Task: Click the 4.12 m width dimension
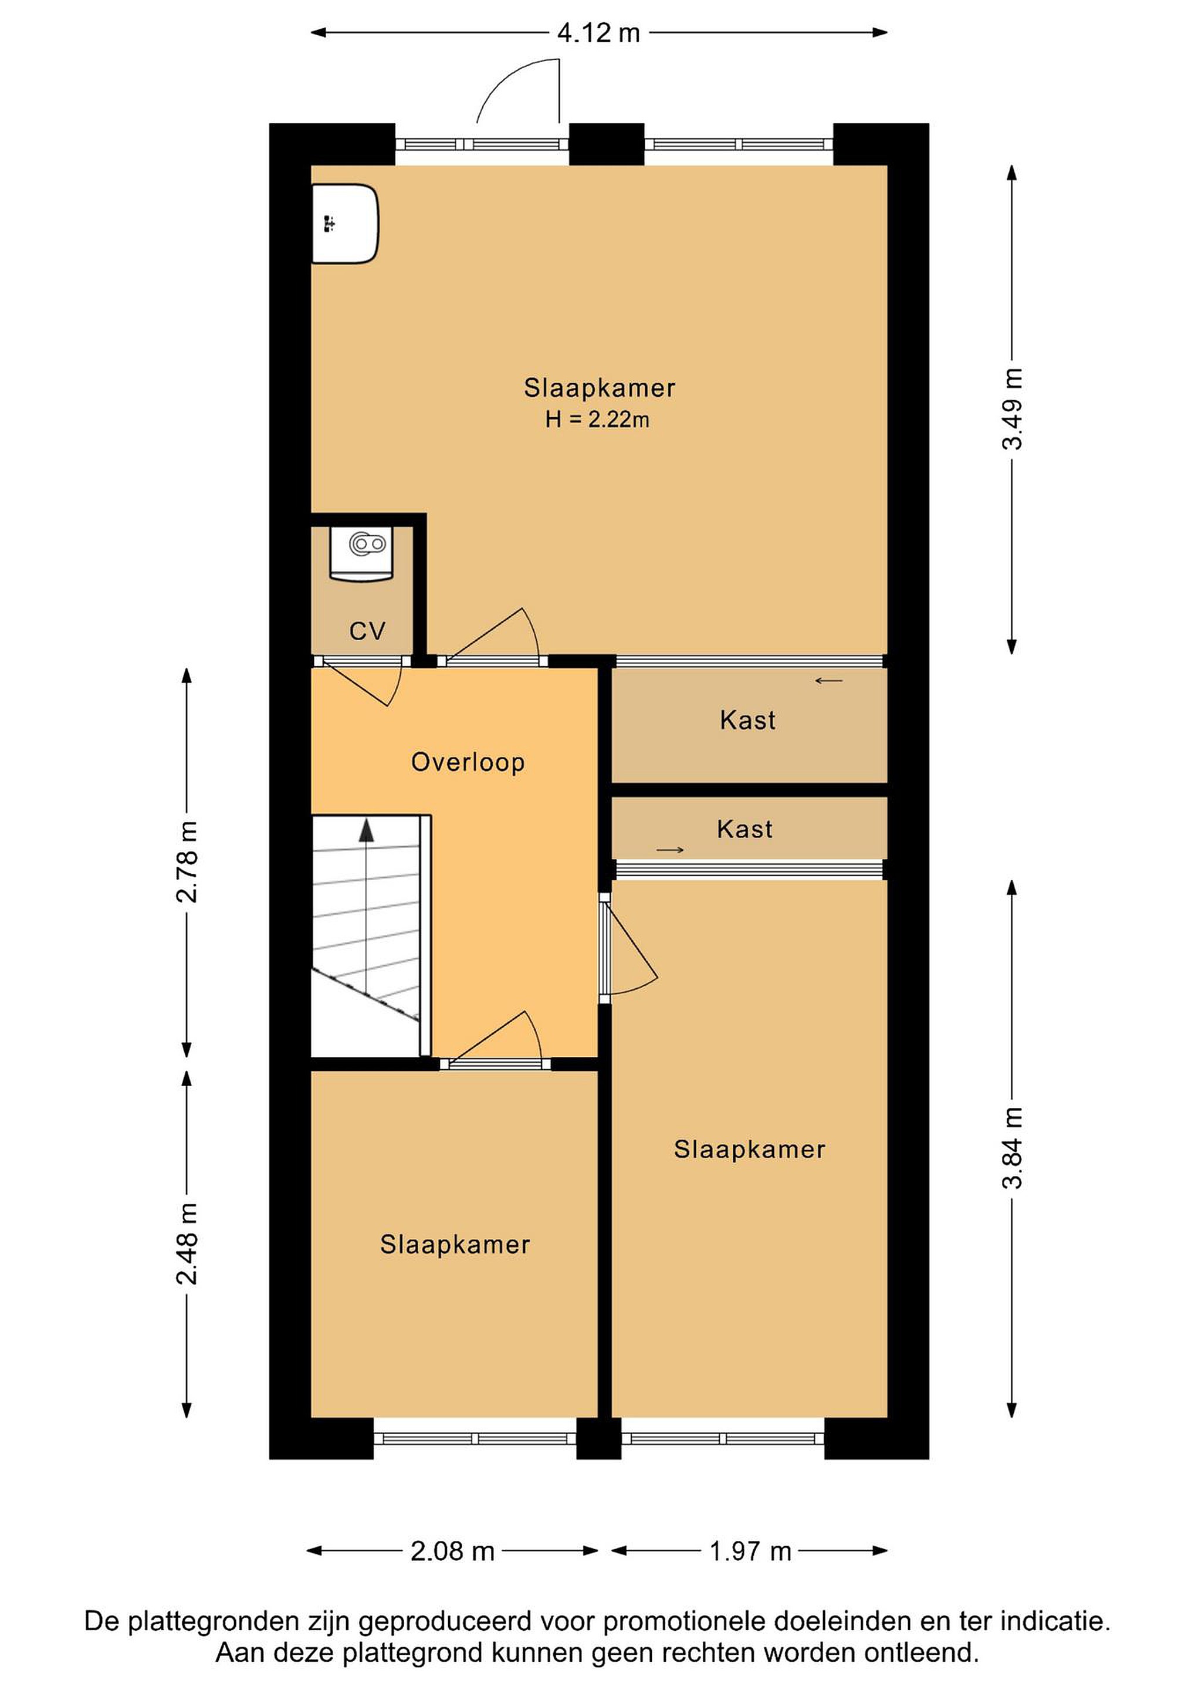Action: click(x=598, y=33)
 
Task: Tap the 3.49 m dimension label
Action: click(x=1013, y=408)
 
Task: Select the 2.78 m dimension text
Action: click(x=187, y=862)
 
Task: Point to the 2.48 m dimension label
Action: click(x=187, y=1244)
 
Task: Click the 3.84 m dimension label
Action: click(x=1013, y=1148)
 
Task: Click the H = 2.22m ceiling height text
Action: click(x=597, y=420)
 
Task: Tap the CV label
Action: click(x=367, y=631)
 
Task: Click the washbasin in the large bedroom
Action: click(x=345, y=224)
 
